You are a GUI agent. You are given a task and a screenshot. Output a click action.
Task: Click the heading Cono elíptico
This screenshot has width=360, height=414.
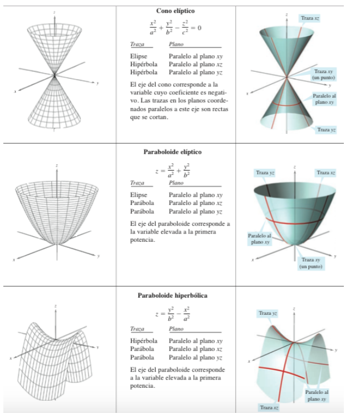pos(176,11)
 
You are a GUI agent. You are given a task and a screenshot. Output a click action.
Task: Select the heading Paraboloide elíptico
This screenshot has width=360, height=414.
pos(172,152)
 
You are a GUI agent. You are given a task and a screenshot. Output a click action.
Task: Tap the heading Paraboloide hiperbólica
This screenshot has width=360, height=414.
pos(172,295)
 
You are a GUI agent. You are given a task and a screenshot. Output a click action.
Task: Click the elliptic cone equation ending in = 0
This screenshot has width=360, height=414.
pos(176,27)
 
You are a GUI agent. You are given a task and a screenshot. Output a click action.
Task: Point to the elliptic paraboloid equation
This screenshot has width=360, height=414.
pos(173,171)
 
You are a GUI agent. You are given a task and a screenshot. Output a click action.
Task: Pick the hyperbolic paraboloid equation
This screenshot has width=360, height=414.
pos(173,314)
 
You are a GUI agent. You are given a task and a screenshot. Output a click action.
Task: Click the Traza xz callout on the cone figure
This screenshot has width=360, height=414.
pos(310,18)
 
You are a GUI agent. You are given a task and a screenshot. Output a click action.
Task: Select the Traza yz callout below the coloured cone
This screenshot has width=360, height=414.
pos(326,130)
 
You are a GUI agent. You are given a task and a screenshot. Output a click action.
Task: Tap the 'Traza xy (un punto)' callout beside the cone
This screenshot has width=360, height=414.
pos(324,75)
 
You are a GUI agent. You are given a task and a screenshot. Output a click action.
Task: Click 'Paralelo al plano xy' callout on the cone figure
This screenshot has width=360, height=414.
pos(324,99)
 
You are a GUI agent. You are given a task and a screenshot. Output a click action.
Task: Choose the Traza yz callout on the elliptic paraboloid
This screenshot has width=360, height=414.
pos(265,173)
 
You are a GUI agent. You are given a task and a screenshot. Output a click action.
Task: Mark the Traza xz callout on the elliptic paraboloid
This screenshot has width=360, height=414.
pos(325,173)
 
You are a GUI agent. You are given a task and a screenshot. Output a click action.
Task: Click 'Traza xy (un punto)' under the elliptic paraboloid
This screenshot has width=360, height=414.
pos(311,263)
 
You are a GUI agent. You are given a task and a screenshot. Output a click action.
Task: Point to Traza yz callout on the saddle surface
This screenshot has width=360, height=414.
pos(268,313)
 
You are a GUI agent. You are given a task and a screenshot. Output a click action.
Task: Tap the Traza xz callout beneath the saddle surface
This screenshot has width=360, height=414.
pos(269,407)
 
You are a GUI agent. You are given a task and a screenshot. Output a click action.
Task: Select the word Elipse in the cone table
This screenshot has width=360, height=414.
pos(138,56)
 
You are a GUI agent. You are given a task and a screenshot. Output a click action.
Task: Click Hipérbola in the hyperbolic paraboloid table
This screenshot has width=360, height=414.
pos(143,341)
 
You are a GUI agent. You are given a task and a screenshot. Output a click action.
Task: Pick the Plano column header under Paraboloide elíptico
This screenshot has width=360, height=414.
pos(176,183)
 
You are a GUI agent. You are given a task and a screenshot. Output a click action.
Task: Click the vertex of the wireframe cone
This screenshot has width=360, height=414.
pos(55,75)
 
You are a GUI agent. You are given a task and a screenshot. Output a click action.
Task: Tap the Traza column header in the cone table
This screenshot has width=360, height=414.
pos(137,44)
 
